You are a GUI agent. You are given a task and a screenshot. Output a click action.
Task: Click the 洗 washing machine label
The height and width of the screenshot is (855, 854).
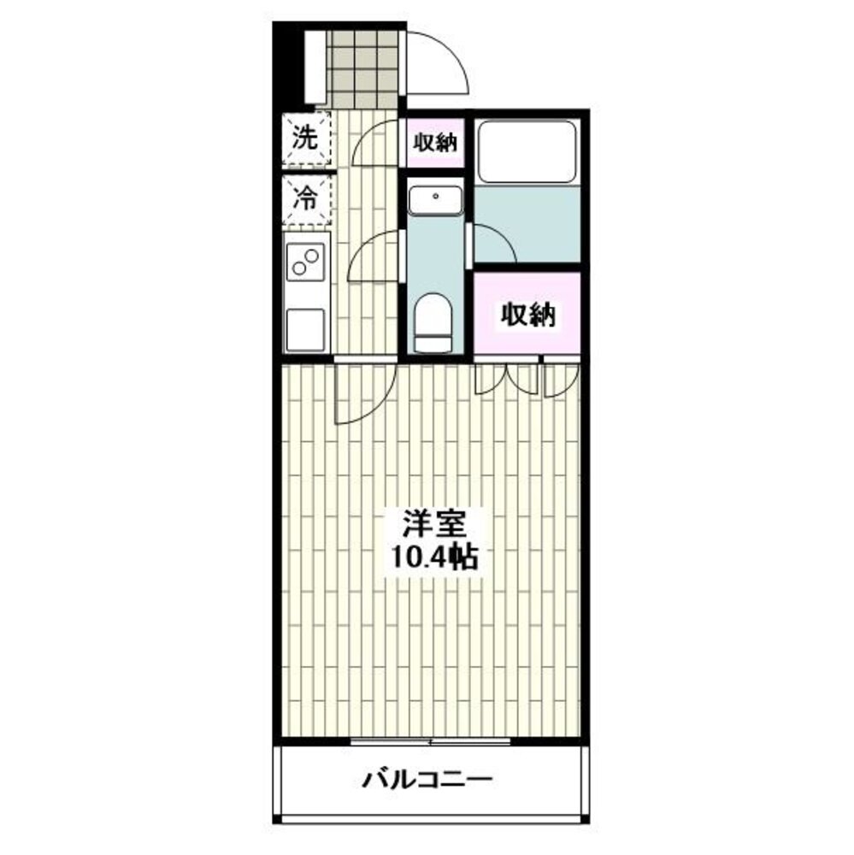coord(305,138)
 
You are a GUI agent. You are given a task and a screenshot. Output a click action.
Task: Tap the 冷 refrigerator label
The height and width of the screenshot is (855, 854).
coord(305,199)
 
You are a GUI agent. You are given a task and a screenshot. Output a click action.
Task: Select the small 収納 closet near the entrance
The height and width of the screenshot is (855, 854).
coord(434,143)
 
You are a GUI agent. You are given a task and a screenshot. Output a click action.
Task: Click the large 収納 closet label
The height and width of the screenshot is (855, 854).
coord(527,315)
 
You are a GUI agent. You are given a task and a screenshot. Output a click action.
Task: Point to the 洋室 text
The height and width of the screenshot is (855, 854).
coord(434,524)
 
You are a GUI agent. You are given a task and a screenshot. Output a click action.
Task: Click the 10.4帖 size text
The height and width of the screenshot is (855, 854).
coord(434,557)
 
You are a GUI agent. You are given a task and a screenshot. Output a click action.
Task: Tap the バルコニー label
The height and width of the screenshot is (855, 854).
coord(427,779)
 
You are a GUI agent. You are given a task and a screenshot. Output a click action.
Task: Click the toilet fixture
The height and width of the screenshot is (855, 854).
coord(433,323)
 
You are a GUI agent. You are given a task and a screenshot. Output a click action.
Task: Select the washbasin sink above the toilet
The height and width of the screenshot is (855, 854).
coord(435,200)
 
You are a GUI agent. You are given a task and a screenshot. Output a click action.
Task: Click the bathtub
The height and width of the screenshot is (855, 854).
coord(527,152)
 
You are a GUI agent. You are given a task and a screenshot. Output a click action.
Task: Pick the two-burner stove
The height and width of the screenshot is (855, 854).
coord(305,262)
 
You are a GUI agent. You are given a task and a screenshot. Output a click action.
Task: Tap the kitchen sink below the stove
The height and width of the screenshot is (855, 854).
coord(305,329)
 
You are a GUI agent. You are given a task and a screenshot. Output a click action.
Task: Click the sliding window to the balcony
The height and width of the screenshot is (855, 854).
coord(430,741)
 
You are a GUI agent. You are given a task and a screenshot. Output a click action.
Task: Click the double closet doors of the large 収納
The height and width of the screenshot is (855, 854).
coord(507,379)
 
